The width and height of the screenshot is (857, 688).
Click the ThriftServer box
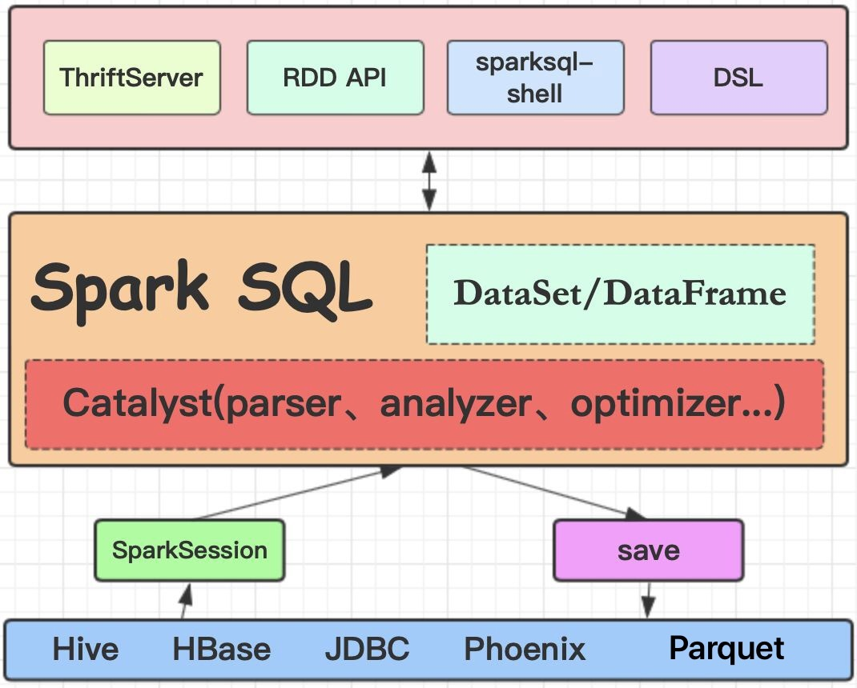click(x=131, y=78)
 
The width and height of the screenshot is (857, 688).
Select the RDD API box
click(x=335, y=78)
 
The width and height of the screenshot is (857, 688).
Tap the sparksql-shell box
click(x=535, y=78)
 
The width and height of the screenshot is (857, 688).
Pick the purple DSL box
click(x=738, y=78)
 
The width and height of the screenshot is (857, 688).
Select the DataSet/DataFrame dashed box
click(x=620, y=294)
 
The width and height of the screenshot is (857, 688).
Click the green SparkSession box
click(x=190, y=550)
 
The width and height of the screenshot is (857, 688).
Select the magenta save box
click(x=648, y=550)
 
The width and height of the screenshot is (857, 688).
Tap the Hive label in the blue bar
click(x=85, y=649)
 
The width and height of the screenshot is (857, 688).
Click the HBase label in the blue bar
click(x=221, y=649)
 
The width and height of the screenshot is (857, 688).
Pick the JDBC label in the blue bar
click(x=367, y=649)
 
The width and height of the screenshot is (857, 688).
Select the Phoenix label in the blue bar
click(x=525, y=649)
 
